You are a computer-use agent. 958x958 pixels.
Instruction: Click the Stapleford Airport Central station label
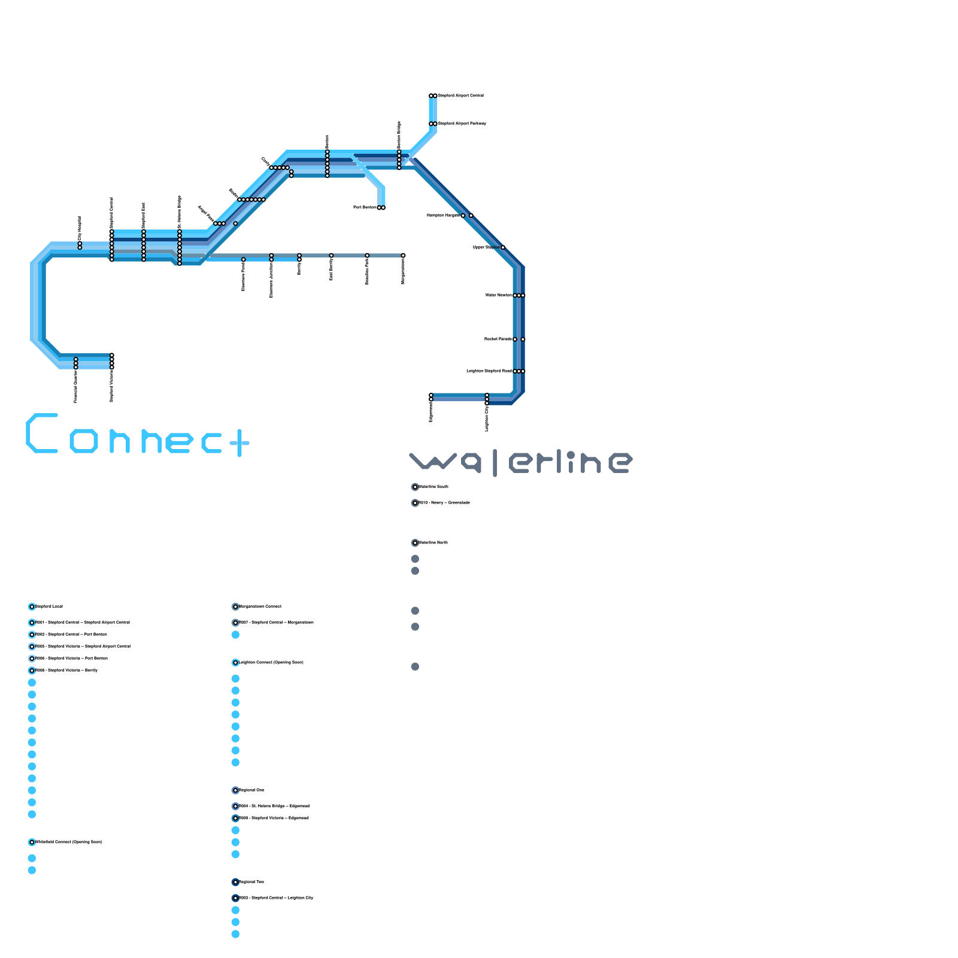pyautogui.click(x=461, y=96)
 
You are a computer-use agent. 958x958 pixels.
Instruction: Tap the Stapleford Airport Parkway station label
pyautogui.click(x=462, y=124)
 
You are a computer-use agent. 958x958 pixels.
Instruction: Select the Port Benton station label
pyautogui.click(x=365, y=208)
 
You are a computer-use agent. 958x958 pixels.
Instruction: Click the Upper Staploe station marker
pyautogui.click(x=503, y=247)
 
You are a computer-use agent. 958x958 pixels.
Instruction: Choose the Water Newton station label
pyautogui.click(x=498, y=295)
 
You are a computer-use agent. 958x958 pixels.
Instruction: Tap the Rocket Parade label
pyautogui.click(x=498, y=339)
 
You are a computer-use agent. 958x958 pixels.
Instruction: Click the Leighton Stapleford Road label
pyautogui.click(x=489, y=371)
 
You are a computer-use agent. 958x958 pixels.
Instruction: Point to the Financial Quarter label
pyautogui.click(x=76, y=386)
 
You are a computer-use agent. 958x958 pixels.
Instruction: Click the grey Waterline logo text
pyautogui.click(x=521, y=463)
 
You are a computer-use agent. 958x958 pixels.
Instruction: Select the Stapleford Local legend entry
pyautogui.click(x=49, y=607)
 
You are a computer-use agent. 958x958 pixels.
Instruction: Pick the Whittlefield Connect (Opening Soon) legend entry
pyautogui.click(x=69, y=842)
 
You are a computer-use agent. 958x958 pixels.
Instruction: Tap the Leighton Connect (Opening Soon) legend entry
pyautogui.click(x=271, y=663)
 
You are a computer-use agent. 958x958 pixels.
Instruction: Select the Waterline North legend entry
pyautogui.click(x=433, y=543)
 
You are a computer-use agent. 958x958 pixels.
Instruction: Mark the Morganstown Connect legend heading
pyautogui.click(x=260, y=607)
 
